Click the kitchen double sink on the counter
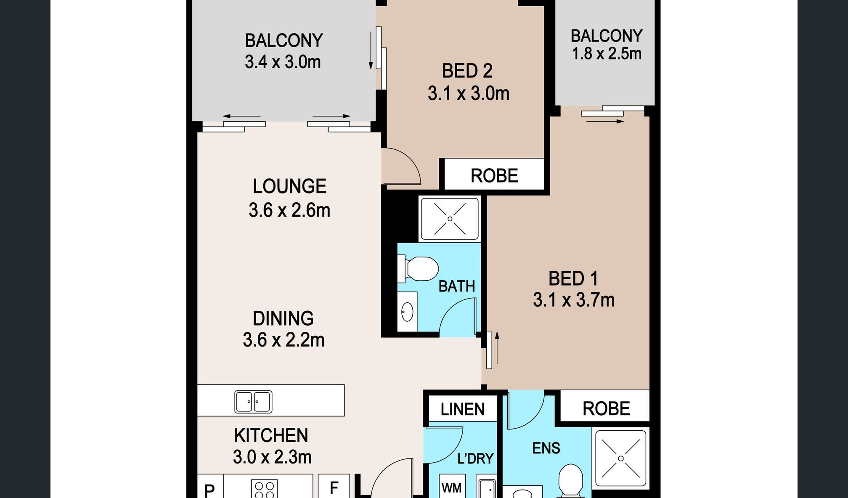pos(253,402)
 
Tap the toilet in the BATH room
pos(421,269)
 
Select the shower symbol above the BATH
pos(450,219)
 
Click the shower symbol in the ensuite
pos(620,458)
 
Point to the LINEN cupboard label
pos(462,409)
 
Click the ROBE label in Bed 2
pos(494,176)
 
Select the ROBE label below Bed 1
pos(606,408)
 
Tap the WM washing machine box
pos(452,488)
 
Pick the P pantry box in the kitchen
pos(209,489)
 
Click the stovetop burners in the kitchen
pos(265,489)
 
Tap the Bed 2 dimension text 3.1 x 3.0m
pos(468,93)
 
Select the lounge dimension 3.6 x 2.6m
pos(289,210)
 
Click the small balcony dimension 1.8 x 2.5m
pos(607,54)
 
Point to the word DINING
pos(283,318)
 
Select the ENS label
pos(546,448)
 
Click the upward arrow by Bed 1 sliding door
pos(497,347)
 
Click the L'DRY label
pos(475,458)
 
